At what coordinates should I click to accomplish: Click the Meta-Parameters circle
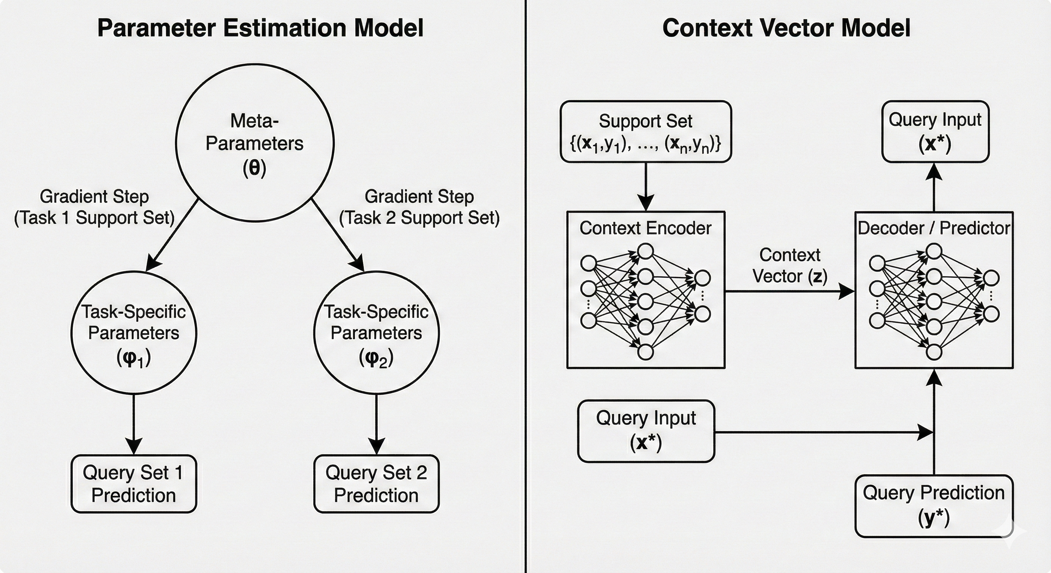(255, 143)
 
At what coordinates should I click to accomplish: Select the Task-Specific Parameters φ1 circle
(134, 332)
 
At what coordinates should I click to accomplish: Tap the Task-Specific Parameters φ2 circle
(376, 332)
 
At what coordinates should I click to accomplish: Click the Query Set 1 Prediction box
(134, 484)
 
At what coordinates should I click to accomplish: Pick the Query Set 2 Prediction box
(376, 484)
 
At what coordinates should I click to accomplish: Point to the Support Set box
(645, 132)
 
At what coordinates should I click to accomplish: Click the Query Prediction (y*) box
(933, 506)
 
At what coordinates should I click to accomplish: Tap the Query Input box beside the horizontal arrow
(646, 430)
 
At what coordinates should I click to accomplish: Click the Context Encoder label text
(645, 228)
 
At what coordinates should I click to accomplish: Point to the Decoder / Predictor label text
(934, 228)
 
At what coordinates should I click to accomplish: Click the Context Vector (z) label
(790, 266)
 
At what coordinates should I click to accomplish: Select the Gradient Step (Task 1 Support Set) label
(94, 207)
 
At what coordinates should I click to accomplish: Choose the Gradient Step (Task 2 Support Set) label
(419, 207)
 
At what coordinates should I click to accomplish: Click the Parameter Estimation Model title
(260, 28)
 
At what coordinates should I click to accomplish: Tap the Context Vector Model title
(786, 28)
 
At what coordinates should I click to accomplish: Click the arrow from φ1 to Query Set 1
(134, 424)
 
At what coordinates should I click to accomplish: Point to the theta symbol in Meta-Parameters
(255, 167)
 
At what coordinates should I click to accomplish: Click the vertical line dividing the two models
(525, 285)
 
